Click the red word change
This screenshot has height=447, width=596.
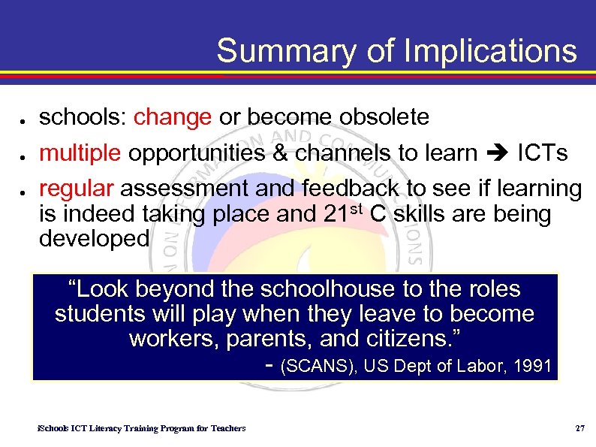[172, 117]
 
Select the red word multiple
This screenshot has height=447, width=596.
[80, 153]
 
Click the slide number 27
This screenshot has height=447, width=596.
[579, 428]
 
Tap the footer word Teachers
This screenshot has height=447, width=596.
[227, 428]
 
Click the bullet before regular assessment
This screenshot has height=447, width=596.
[25, 192]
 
